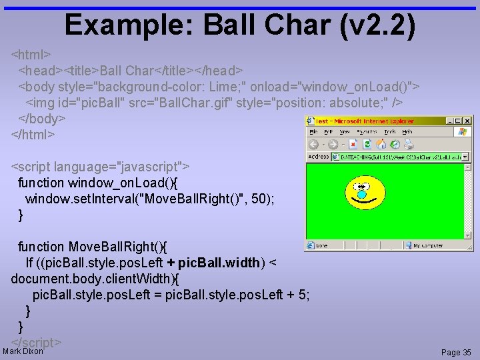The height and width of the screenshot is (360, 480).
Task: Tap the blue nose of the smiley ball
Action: pos(362,195)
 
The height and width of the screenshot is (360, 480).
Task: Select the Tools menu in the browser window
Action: pos(389,132)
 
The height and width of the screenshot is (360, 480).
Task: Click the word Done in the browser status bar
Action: pos(322,245)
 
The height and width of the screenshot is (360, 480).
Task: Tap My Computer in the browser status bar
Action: pos(427,245)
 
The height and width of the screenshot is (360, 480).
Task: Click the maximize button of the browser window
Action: pos(459,121)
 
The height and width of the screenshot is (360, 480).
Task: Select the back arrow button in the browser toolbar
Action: pos(313,145)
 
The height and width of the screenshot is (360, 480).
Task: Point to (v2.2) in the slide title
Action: pos(377,25)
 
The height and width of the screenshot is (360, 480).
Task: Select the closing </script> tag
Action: pos(37,343)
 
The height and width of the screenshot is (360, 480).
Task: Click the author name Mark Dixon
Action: pos(23,351)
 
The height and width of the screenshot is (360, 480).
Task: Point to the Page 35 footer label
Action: pos(456,352)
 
